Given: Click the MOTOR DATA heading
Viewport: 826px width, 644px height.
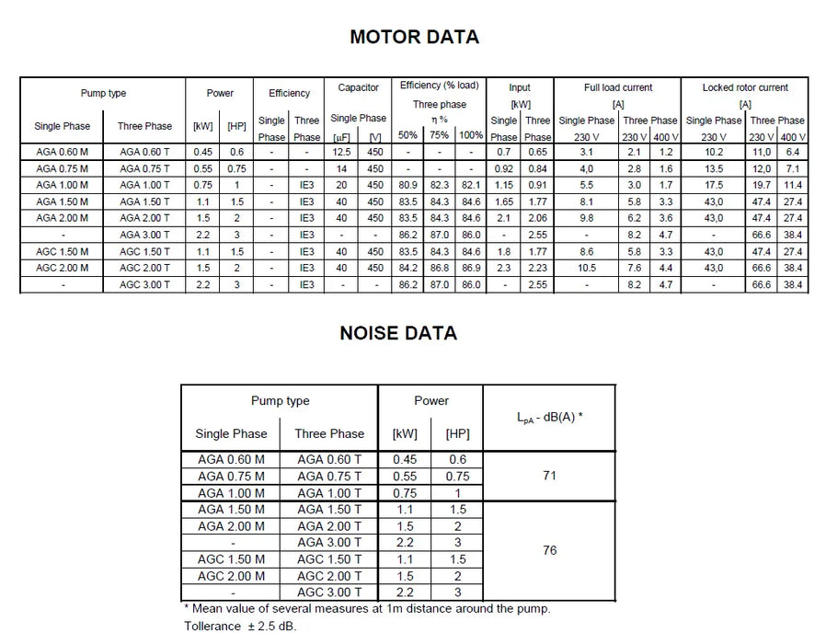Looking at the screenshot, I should (414, 37).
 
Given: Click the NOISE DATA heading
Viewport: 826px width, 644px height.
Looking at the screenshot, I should (398, 333).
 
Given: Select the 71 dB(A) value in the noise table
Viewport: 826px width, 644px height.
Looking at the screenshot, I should (549, 476).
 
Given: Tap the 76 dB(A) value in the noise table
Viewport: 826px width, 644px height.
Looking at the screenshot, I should (549, 550).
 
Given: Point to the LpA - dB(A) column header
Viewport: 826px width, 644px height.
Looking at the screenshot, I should (549, 416).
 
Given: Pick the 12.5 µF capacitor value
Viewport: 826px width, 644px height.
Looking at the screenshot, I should (342, 152).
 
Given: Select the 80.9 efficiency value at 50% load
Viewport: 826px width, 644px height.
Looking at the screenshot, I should (407, 185).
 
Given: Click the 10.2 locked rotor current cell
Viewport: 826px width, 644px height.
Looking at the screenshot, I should (713, 152).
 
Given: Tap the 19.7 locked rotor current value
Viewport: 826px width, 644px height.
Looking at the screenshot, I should (763, 185).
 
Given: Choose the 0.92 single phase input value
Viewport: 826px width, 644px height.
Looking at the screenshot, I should (503, 168).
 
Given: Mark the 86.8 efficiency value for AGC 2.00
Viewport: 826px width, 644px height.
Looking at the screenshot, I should (440, 268).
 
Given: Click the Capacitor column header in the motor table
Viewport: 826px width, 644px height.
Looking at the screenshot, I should (358, 88).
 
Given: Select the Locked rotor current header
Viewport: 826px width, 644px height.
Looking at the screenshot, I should (745, 88).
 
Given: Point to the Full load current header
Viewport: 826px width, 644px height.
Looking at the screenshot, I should (618, 88).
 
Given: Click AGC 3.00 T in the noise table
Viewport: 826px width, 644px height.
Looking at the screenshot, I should (329, 592).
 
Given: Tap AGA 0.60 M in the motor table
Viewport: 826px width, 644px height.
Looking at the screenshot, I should (62, 152).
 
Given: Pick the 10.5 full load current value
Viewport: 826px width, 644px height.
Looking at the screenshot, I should (586, 268).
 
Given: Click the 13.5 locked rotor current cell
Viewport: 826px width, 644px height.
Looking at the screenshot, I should (713, 168).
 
